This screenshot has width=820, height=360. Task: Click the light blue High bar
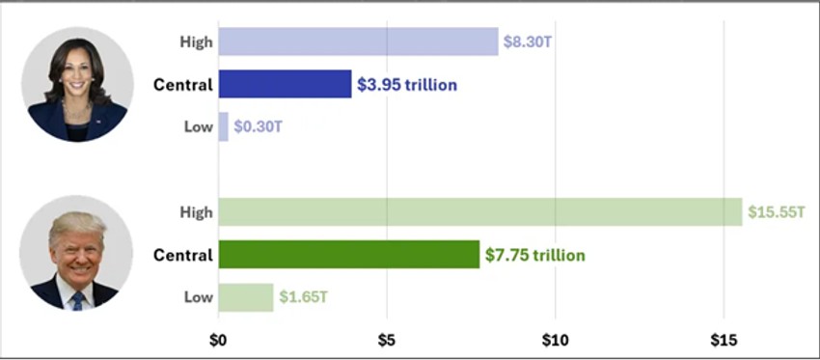pos(358,42)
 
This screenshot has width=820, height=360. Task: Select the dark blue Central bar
pos(285,84)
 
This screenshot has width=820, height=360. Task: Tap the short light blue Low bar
pos(223,126)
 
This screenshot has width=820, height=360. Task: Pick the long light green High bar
pos(480,211)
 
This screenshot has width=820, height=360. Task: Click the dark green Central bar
pos(348,255)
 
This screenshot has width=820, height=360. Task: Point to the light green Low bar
pos(246,297)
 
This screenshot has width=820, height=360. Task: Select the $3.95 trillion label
pos(407,85)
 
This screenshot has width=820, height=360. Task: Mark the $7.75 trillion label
pos(534,255)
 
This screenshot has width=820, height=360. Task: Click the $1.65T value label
pos(302,297)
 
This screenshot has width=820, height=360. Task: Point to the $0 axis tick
pos(218,340)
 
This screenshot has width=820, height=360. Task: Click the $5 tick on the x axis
pos(387,340)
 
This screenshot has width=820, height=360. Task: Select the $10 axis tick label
pos(555,340)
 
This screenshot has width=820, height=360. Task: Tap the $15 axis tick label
pos(724,340)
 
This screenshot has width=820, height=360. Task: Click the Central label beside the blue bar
pos(182,85)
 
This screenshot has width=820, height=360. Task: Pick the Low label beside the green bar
pos(198,297)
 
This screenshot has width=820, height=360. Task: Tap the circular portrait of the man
pos(75,254)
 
